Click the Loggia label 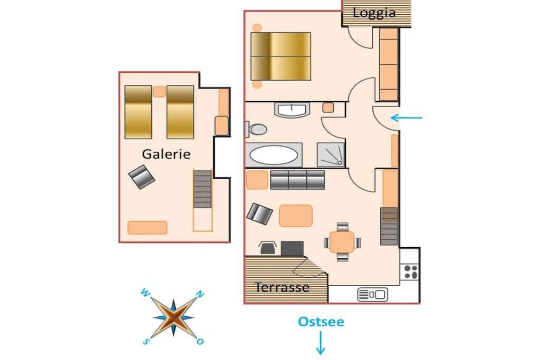(x=374, y=13)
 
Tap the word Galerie (x=166, y=154)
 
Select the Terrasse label (x=282, y=287)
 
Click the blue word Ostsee (x=321, y=322)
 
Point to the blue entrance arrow (x=407, y=118)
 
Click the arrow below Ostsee (x=321, y=343)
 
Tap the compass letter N (x=200, y=294)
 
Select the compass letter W (x=145, y=293)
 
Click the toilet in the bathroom (x=257, y=130)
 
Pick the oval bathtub (x=274, y=155)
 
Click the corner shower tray (x=331, y=154)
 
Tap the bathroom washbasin (x=292, y=110)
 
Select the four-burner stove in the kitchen (x=410, y=272)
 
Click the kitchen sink (x=373, y=295)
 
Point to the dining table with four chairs (x=342, y=242)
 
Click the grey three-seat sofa (x=297, y=180)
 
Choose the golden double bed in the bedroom (x=281, y=56)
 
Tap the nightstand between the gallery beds (x=159, y=92)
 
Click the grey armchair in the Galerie (x=141, y=177)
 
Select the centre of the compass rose (x=173, y=318)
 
